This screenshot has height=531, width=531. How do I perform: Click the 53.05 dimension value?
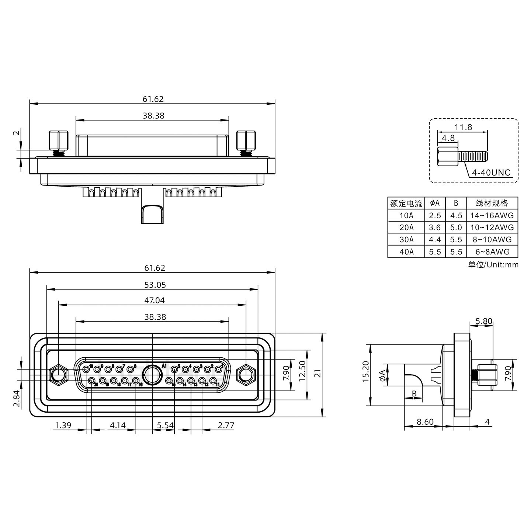tap(155, 285)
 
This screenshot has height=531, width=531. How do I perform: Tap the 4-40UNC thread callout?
tap(491, 173)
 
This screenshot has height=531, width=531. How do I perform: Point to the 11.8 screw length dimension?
tap(463, 127)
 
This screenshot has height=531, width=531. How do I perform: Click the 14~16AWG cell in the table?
tap(492, 215)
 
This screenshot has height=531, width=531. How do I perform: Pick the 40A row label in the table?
tap(406, 251)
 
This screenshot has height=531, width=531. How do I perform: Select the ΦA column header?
tap(435, 203)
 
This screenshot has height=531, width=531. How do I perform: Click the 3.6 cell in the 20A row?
tap(435, 228)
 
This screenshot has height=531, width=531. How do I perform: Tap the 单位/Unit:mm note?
tap(493, 265)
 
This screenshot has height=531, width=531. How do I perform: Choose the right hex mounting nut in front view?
tap(246, 375)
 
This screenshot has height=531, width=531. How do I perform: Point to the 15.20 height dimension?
tap(365, 371)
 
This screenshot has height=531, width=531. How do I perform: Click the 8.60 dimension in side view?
tap(425, 422)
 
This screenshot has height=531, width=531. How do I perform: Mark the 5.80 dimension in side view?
tap(484, 321)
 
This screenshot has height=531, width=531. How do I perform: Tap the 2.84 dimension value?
tap(17, 399)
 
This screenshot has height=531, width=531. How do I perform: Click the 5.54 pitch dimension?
tap(165, 426)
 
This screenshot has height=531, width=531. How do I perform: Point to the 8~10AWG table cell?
tap(492, 240)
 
